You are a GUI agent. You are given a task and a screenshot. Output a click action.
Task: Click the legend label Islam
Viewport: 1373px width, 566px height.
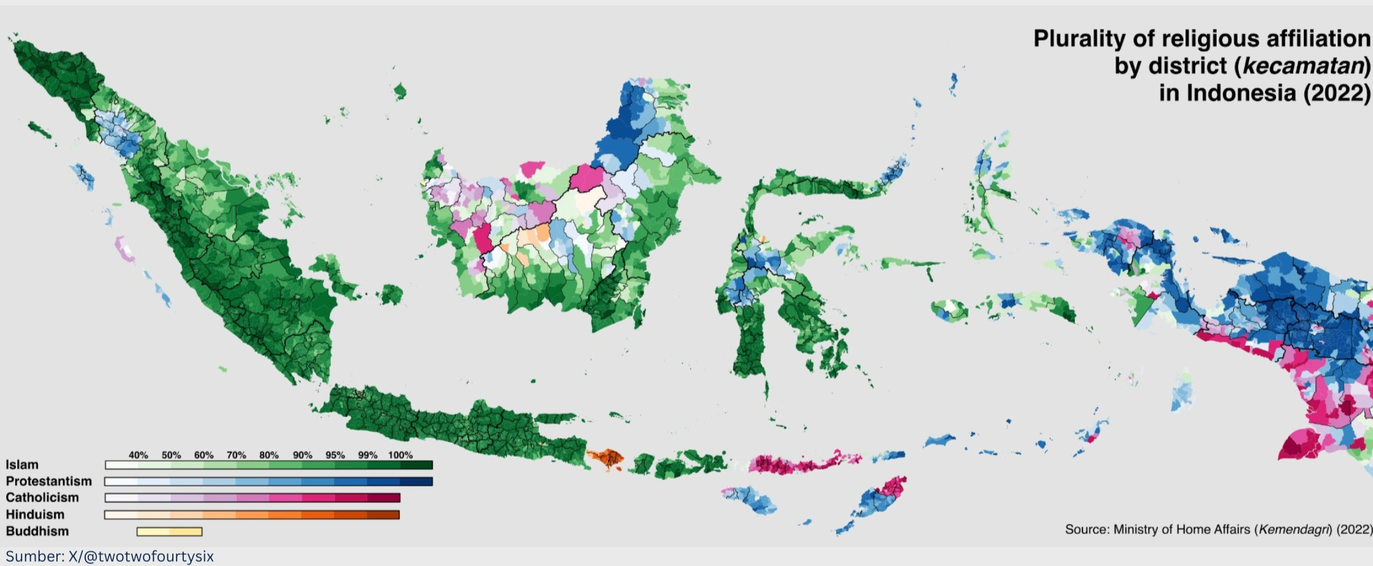pos(22,465)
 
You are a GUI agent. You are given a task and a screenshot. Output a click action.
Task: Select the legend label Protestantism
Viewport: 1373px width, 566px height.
pos(48,481)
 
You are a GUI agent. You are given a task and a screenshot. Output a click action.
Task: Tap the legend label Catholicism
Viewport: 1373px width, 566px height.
pos(42,498)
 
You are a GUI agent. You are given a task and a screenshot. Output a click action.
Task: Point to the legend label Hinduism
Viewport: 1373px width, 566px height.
pos(35,514)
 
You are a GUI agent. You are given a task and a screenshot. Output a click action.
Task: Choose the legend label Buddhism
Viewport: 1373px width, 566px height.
pos(37,531)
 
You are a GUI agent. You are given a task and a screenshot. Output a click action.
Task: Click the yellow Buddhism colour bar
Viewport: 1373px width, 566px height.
pos(169,532)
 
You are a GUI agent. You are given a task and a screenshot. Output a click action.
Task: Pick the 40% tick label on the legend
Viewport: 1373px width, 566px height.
pos(138,455)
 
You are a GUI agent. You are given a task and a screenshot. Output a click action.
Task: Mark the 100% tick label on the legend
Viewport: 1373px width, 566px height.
pos(400,455)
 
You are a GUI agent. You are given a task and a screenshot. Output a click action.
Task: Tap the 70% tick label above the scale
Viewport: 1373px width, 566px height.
pos(236,455)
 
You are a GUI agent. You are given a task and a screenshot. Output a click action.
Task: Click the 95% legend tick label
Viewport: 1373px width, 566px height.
pos(335,455)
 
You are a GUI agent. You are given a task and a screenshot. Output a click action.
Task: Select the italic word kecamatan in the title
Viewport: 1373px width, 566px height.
pos(1302,66)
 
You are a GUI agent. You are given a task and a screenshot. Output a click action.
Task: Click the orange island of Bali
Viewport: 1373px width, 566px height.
pos(606,457)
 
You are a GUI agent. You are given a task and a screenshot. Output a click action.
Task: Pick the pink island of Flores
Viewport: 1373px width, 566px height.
pos(797,463)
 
